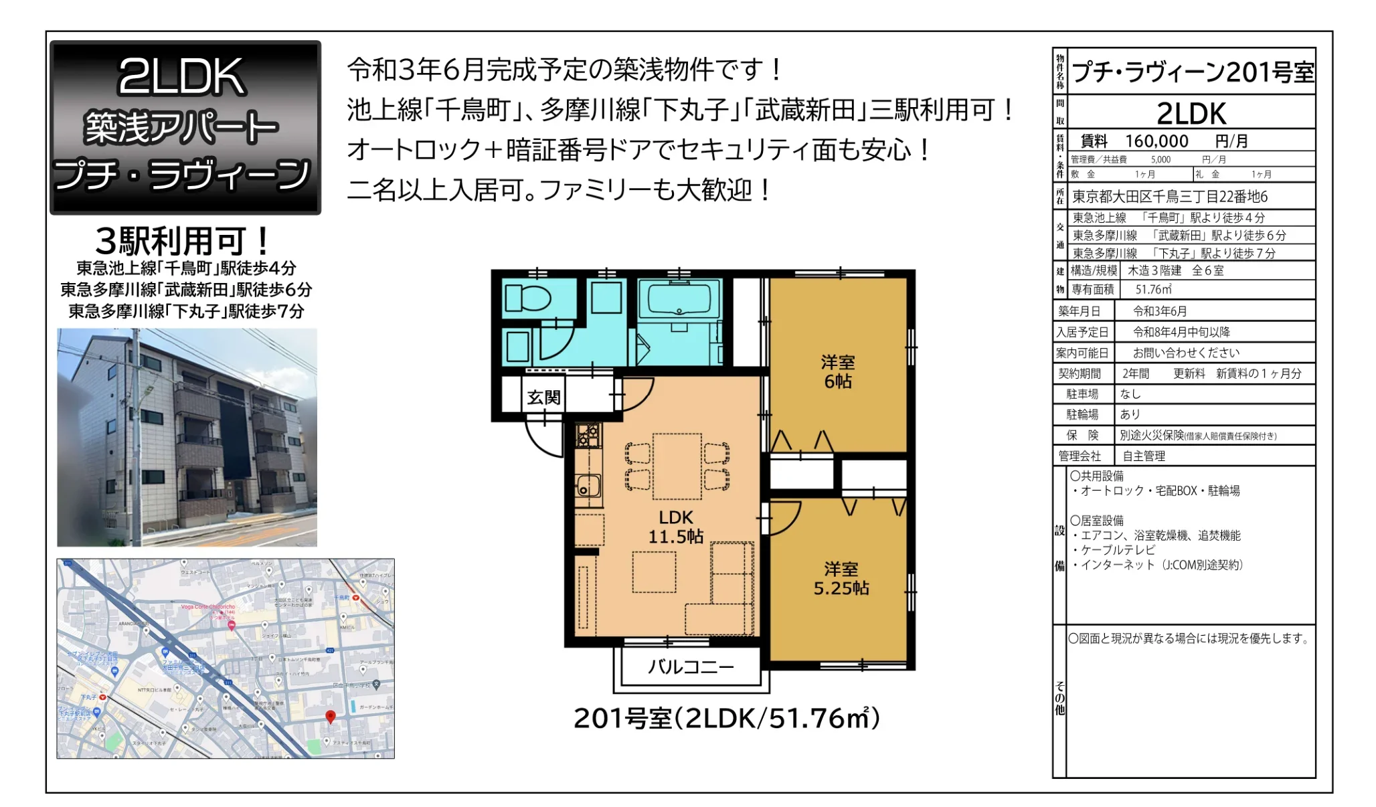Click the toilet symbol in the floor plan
click(x=526, y=298)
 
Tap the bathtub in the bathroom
click(x=678, y=299)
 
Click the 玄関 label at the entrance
click(x=543, y=397)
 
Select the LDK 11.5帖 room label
click(x=675, y=527)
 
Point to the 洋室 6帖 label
click(x=837, y=372)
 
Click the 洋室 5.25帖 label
click(x=841, y=579)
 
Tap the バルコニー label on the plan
click(x=691, y=666)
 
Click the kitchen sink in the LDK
click(x=588, y=485)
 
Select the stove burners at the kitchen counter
click(x=588, y=436)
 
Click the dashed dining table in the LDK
click(x=677, y=466)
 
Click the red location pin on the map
click(x=330, y=717)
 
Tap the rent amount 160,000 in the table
click(x=1156, y=141)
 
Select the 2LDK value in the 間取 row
click(x=1191, y=114)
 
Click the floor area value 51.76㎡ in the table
click(x=1153, y=290)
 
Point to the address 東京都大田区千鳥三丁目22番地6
click(x=1170, y=197)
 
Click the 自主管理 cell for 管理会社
click(x=1144, y=456)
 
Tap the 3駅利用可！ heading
click(x=183, y=241)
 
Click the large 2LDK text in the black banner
click(x=181, y=77)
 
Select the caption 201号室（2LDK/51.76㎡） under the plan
click(x=726, y=719)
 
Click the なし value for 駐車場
click(x=1130, y=394)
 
